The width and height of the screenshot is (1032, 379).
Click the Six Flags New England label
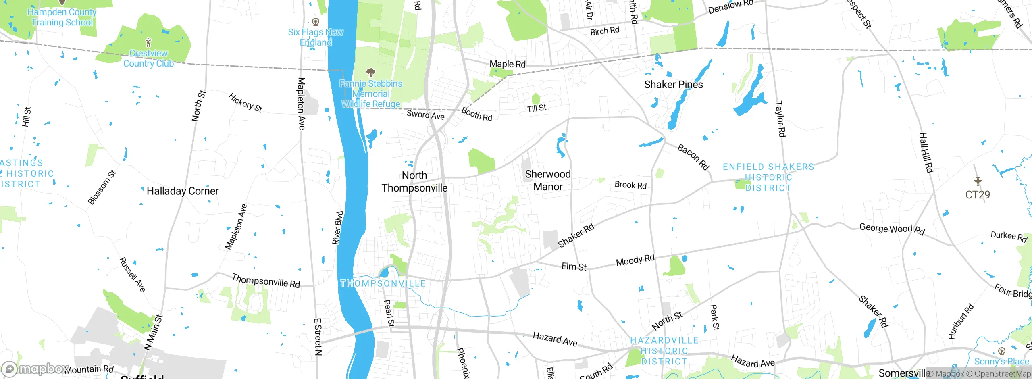tap(316, 37)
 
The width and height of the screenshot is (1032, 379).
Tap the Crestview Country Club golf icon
tap(148, 42)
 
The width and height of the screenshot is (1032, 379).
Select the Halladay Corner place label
tap(182, 191)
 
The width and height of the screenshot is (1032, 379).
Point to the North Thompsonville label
tap(414, 182)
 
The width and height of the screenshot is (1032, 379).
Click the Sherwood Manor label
tap(547, 180)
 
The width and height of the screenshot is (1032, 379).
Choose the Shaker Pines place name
tap(673, 85)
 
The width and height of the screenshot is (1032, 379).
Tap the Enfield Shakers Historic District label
tap(768, 177)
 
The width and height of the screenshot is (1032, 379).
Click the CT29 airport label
tap(978, 195)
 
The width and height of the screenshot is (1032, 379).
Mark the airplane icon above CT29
tap(978, 181)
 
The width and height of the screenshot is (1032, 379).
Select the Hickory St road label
tap(245, 103)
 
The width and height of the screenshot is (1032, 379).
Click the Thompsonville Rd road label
tap(266, 281)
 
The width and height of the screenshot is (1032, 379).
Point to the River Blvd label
tap(338, 228)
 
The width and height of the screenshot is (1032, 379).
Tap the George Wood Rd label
tap(892, 229)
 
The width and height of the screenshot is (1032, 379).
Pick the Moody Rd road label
tap(635, 260)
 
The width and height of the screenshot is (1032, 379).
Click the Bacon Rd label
tap(693, 157)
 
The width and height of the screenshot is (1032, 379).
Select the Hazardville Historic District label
tap(664, 351)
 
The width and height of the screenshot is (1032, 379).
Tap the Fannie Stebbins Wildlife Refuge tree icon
tap(370, 73)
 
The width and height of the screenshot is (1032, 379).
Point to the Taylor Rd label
tap(780, 119)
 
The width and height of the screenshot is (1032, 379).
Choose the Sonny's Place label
tap(1001, 361)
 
